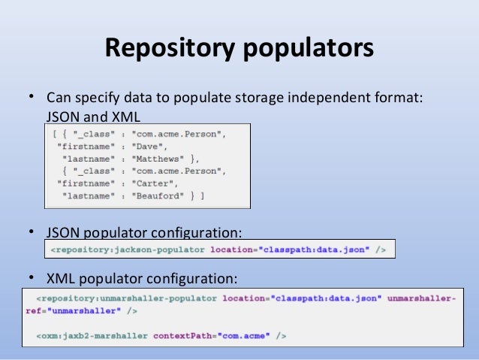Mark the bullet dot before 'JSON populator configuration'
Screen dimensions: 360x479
point(31,231)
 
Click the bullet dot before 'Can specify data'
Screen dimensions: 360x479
point(31,98)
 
